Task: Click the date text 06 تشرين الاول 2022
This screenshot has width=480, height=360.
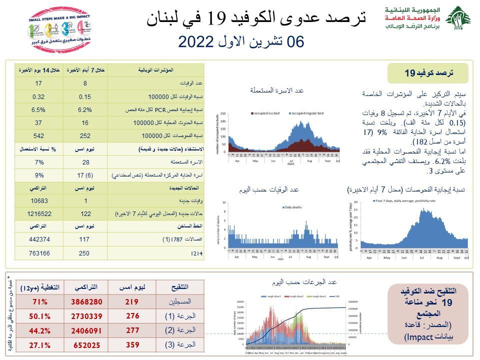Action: click(241, 41)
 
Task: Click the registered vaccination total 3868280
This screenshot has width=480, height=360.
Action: click(82, 301)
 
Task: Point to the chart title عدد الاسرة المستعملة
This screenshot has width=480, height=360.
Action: click(276, 90)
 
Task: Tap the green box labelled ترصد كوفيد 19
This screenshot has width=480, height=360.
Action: click(428, 73)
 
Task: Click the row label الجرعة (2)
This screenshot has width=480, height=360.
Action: click(177, 330)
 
